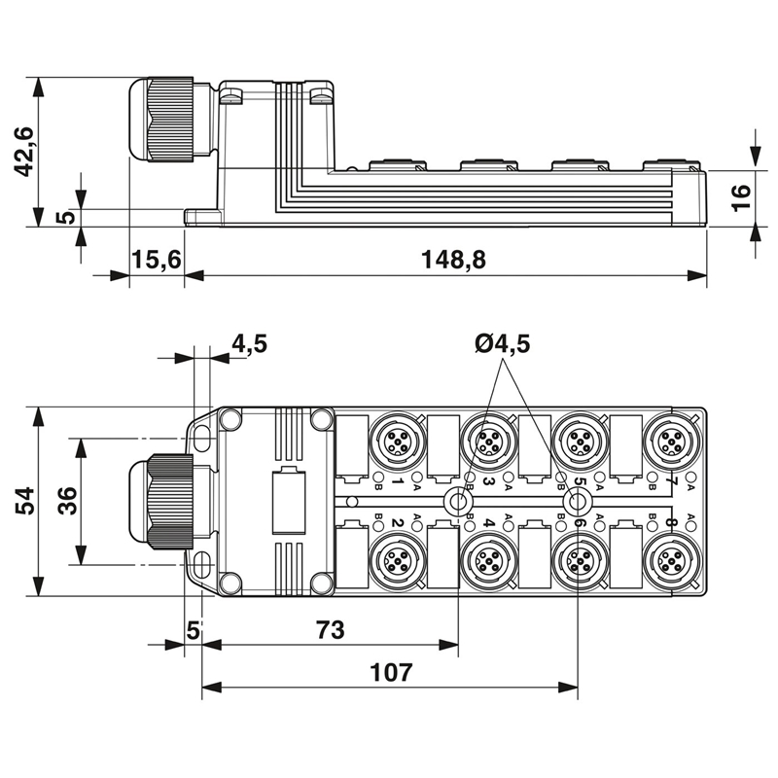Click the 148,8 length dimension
coord(453,260)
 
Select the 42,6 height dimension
coord(22,152)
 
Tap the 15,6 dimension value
coord(157,260)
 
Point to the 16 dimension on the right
coord(742,197)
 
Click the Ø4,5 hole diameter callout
coord(502,343)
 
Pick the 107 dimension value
coord(391,673)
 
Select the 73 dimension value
coord(331,629)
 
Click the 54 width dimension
coord(23,501)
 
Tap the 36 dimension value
coord(67,501)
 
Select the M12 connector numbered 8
coord(672,562)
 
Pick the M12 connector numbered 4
coord(489,562)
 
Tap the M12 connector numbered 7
coord(672,441)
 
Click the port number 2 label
coord(397,522)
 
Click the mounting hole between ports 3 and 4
coord(457,501)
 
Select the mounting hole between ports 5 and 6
coord(578,501)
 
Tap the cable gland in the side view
coord(161,119)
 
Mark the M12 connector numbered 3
coord(489,441)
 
